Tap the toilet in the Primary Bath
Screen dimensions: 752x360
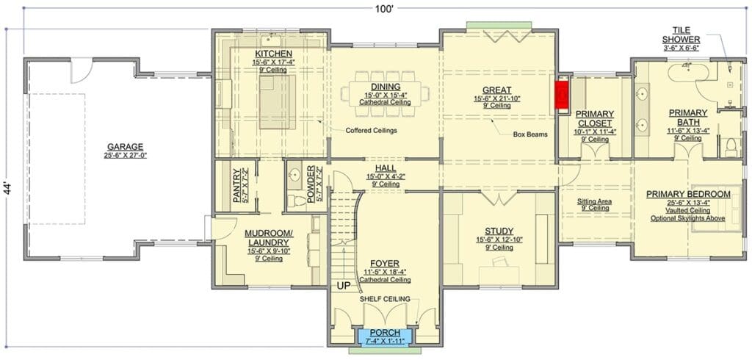(x=731, y=147)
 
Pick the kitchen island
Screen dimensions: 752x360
(x=277, y=102)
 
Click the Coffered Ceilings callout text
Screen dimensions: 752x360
(x=371, y=130)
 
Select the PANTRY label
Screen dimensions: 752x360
(x=236, y=185)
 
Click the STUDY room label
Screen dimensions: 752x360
(x=499, y=231)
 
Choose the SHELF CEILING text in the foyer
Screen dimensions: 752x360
(x=385, y=299)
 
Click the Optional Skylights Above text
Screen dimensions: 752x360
(x=687, y=218)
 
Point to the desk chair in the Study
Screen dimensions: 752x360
(x=500, y=261)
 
